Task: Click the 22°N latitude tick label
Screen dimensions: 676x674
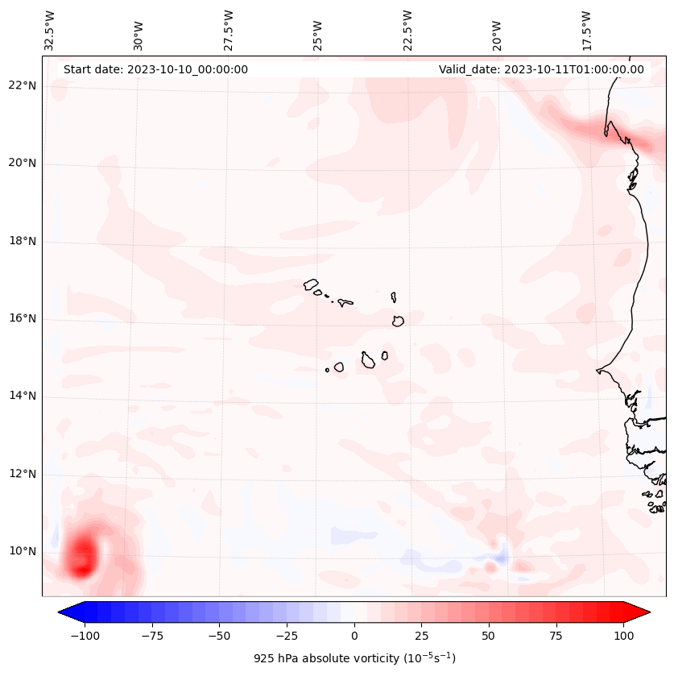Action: (x=22, y=85)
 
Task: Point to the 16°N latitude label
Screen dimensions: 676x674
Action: (x=22, y=318)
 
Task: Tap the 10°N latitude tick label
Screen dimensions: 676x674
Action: (x=22, y=551)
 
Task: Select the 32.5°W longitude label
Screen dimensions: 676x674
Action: (x=50, y=30)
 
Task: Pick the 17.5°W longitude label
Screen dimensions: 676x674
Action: (x=586, y=30)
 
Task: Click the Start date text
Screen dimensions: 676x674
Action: (x=155, y=69)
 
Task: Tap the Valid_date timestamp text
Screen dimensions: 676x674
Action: (x=541, y=69)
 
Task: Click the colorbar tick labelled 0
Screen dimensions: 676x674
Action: (x=354, y=636)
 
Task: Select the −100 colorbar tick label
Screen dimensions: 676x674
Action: (x=85, y=636)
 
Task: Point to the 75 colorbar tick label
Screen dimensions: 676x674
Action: (x=556, y=636)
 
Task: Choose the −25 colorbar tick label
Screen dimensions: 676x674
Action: (x=287, y=636)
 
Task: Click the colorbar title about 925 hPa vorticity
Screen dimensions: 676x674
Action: (x=354, y=658)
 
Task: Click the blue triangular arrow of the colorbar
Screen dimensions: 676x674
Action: (x=69, y=613)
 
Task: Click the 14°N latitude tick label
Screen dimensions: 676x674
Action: (x=22, y=396)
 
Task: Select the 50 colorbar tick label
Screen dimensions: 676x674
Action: (x=489, y=636)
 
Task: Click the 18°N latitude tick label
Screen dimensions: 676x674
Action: (x=22, y=241)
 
